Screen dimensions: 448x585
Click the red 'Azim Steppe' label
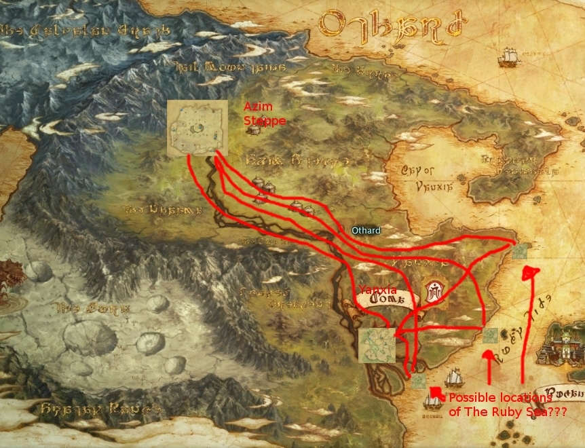pyautogui.click(x=265, y=115)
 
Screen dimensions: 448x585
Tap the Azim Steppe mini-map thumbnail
pyautogui.click(x=197, y=128)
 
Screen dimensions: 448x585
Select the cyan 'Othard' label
pyautogui.click(x=366, y=230)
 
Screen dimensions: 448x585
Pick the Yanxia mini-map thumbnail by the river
pyautogui.click(x=377, y=345)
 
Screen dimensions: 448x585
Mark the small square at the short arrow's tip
pyautogui.click(x=490, y=335)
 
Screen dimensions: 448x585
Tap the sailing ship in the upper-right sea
pyautogui.click(x=507, y=57)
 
